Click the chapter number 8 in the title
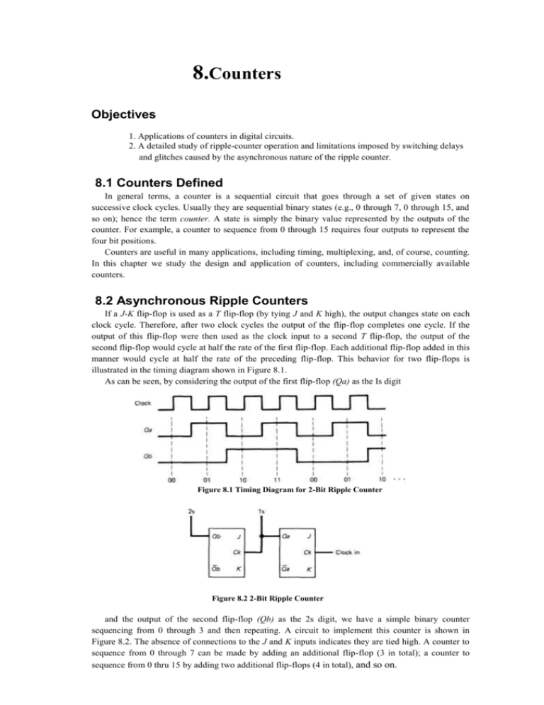(200, 72)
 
